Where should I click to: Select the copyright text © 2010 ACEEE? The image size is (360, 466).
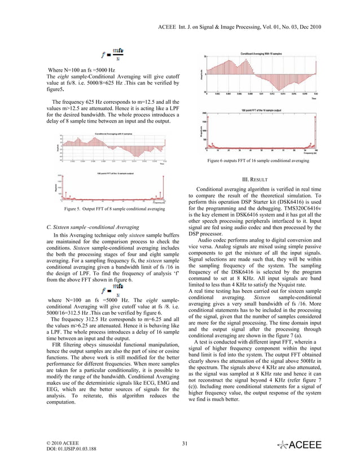[x=63, y=443]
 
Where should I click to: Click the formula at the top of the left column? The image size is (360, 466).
[x=111, y=55]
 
